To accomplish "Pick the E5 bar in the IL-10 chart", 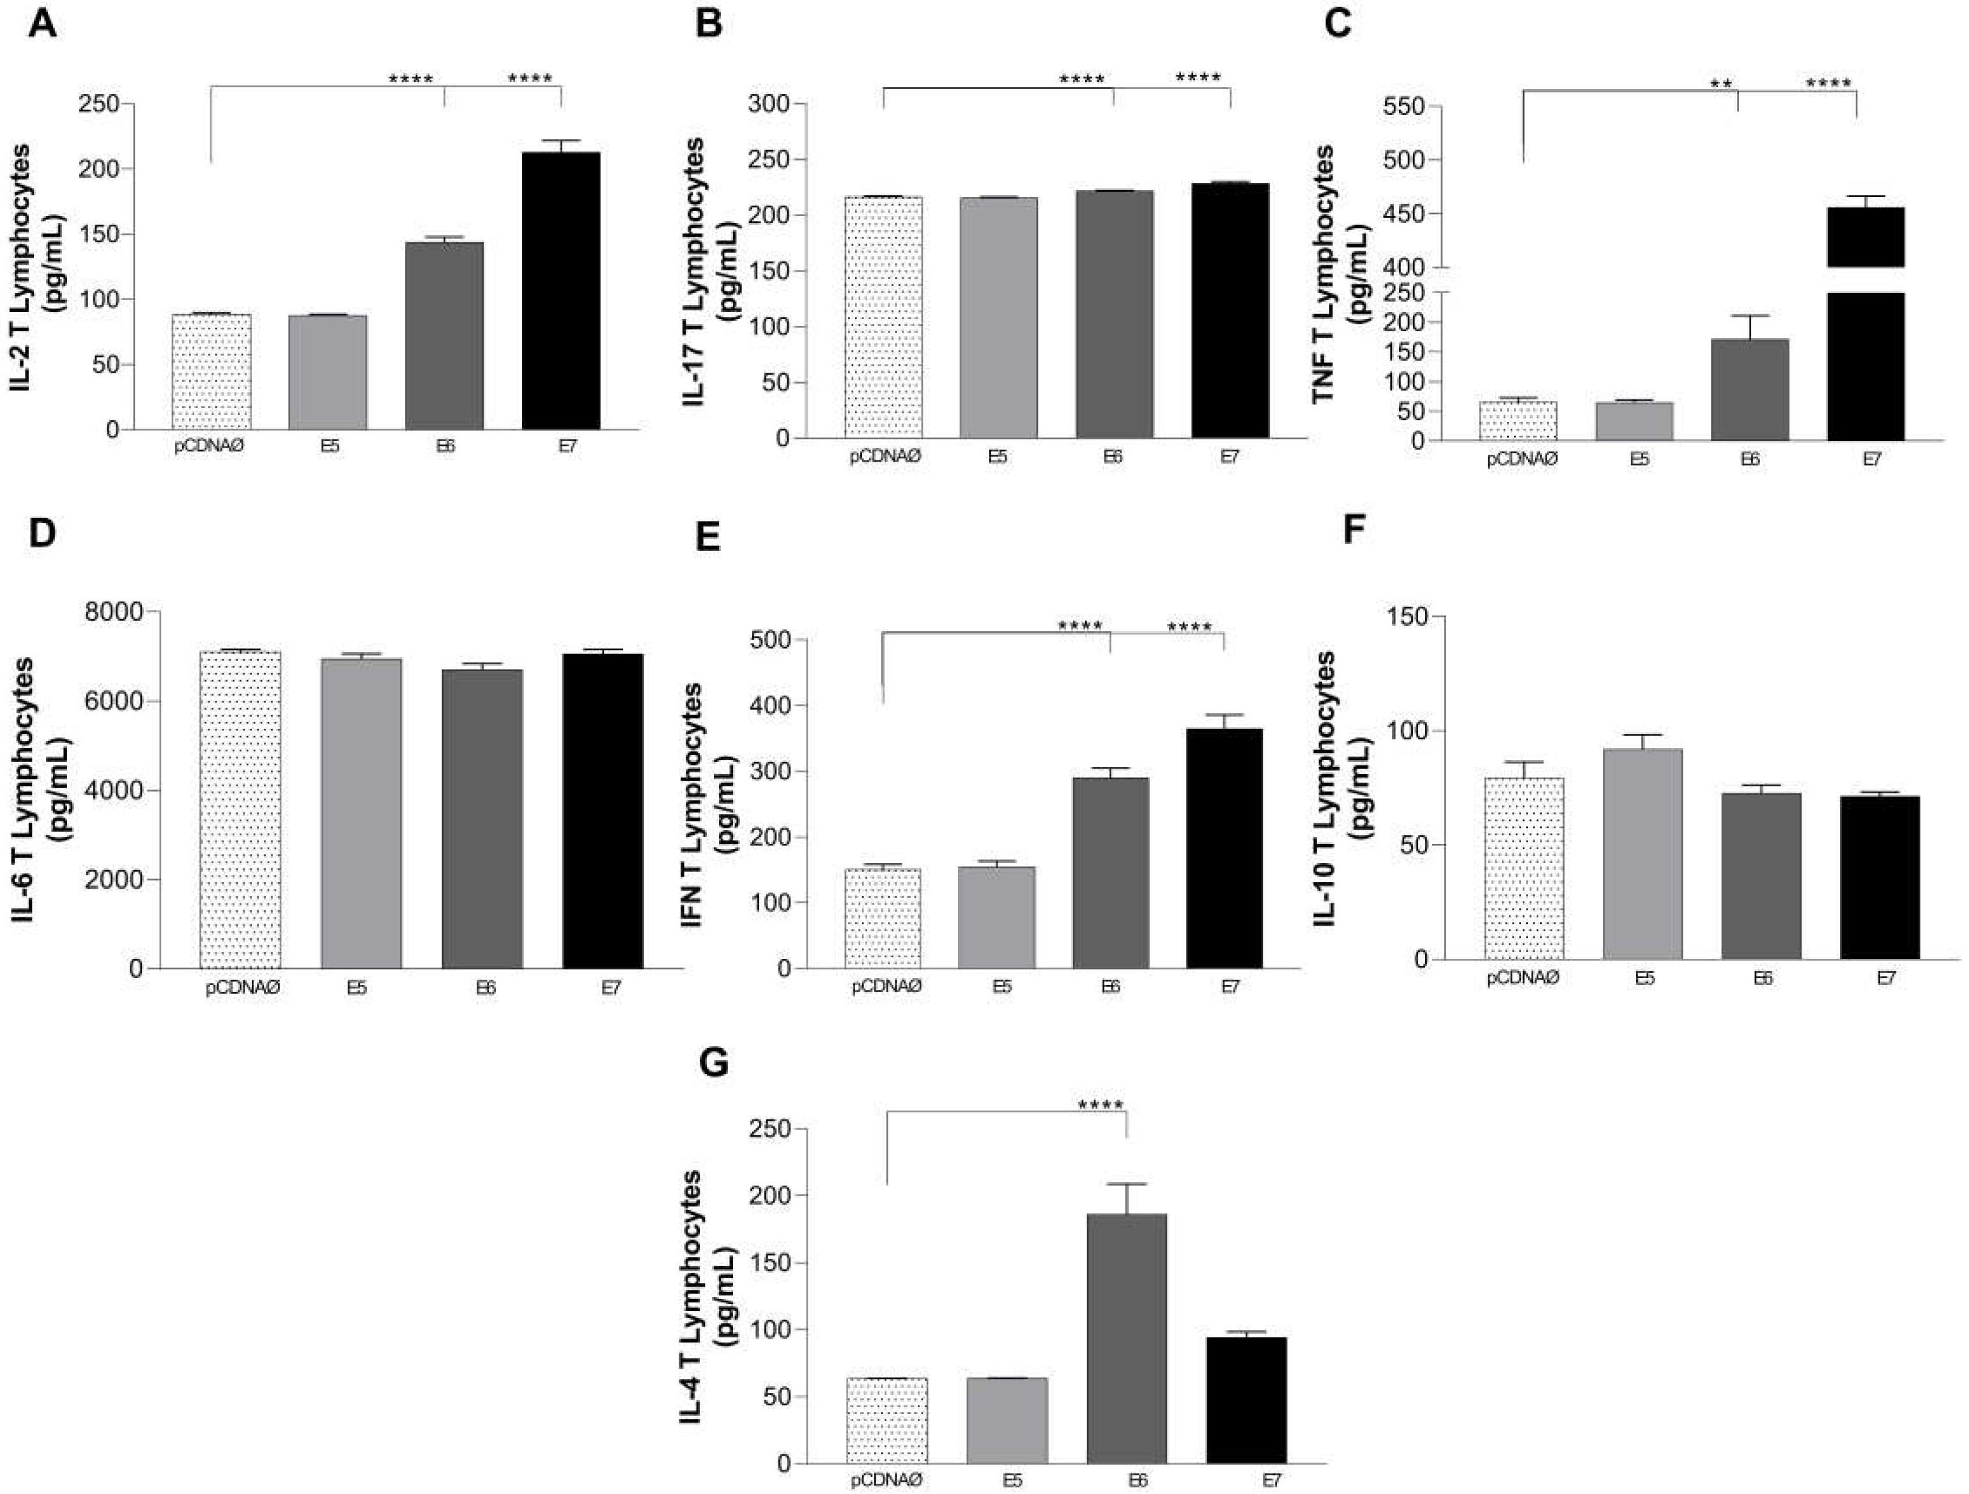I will point(1643,854).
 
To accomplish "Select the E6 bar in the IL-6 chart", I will point(483,818).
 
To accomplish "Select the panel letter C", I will point(1338,23).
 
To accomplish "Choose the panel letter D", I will point(41,533).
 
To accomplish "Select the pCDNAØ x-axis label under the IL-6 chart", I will point(243,988).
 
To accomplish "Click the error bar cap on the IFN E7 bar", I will point(1224,714).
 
